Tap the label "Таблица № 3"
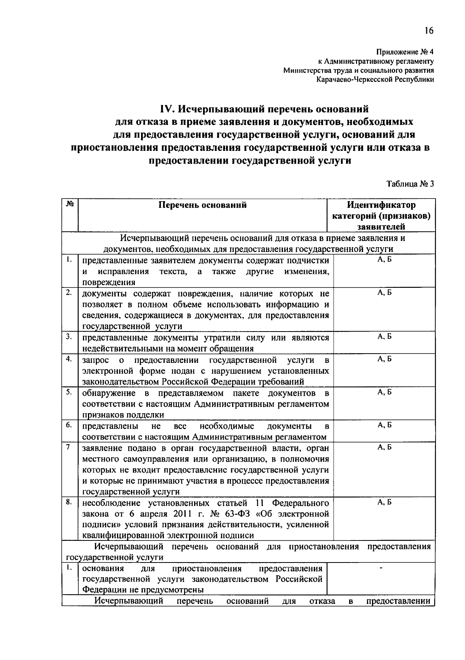coord(410,184)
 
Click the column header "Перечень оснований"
coord(203,205)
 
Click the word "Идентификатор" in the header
coord(381,205)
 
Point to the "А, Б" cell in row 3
coord(384,337)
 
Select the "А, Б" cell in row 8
coord(384,502)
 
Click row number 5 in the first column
coord(69,392)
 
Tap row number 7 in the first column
coord(68,447)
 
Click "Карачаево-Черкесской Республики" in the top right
coord(375,80)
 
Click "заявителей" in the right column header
coord(381,227)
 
